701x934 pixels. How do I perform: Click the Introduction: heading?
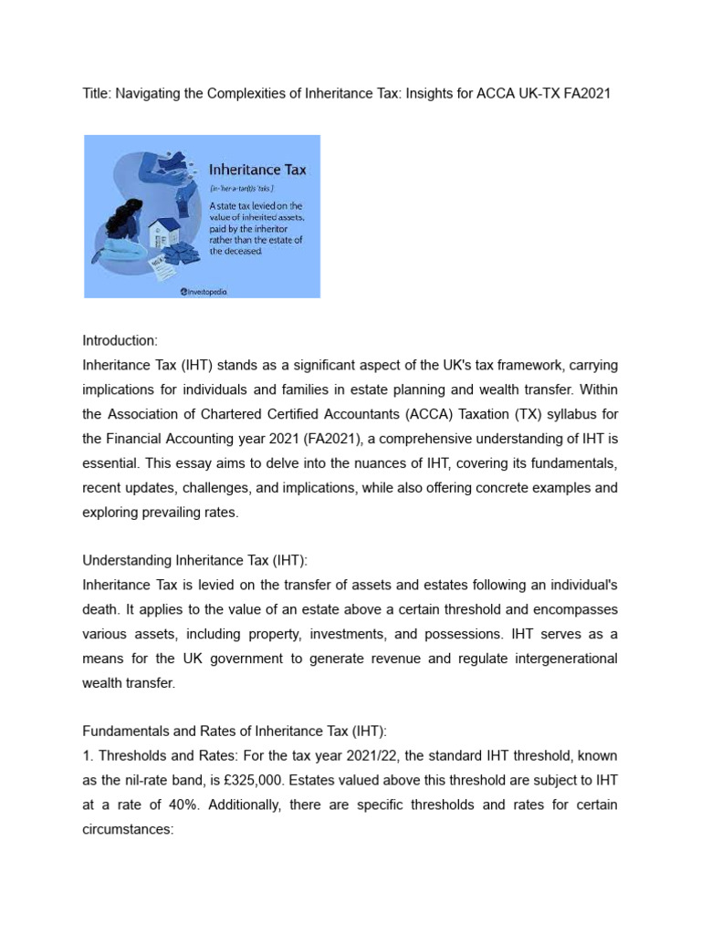click(x=120, y=341)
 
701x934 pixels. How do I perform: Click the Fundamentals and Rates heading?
click(x=235, y=732)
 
